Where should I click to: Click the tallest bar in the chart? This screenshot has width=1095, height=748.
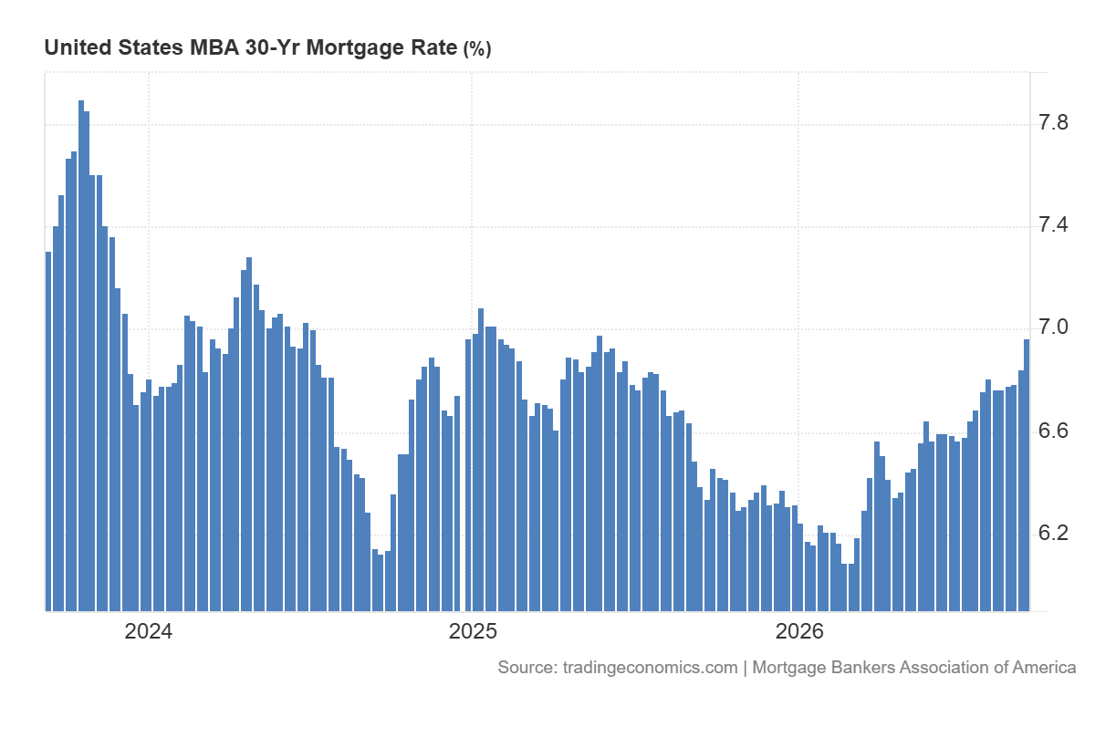pos(81,356)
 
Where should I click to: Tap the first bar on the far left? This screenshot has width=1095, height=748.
pos(48,431)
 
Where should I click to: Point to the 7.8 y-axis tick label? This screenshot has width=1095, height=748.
pos(1053,122)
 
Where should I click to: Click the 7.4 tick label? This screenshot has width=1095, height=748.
pos(1053,224)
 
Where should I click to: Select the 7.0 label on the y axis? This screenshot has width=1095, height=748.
pos(1053,327)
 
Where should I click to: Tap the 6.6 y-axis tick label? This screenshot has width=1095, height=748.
pos(1053,431)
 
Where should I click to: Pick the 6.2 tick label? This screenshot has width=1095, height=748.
pos(1053,533)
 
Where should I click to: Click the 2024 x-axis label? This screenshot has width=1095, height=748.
pos(149,631)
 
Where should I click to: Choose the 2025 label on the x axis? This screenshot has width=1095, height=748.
pos(473,631)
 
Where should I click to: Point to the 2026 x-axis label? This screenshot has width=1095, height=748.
pos(799,631)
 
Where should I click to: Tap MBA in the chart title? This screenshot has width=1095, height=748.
pos(214,47)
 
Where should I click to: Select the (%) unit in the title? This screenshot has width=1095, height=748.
pos(477,49)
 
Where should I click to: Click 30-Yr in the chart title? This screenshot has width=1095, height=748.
pos(273,47)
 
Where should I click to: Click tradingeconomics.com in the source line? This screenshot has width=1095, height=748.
pos(650,668)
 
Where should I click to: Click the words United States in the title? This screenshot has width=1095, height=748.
pos(114,47)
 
